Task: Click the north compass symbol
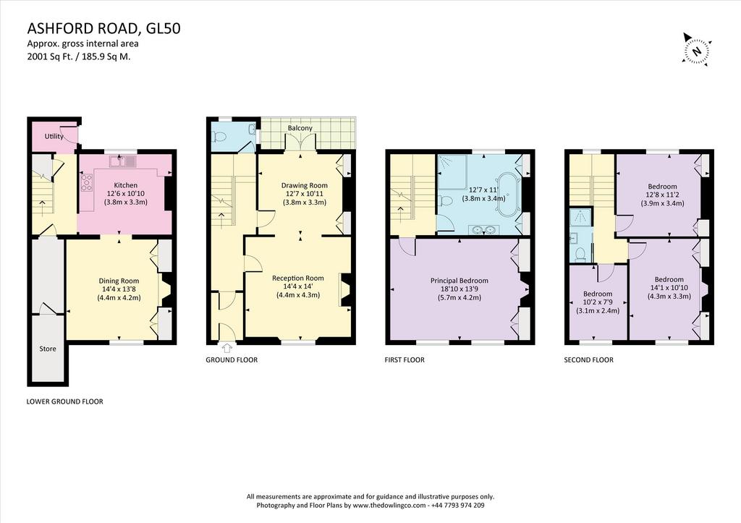click(696, 49)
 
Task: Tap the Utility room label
click(54, 136)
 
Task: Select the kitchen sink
click(122, 161)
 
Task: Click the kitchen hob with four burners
click(88, 182)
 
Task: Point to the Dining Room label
click(119, 281)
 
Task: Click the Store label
click(47, 349)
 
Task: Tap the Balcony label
click(300, 128)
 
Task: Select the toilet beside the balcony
click(219, 137)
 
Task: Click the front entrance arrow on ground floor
click(226, 348)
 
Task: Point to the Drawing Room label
click(305, 185)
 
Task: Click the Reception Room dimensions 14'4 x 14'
click(297, 286)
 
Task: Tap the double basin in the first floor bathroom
click(483, 230)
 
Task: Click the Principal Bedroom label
click(459, 281)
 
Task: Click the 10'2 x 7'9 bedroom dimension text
click(598, 302)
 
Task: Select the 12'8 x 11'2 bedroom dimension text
click(662, 195)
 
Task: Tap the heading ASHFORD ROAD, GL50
click(103, 29)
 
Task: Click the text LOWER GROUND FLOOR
click(64, 401)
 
